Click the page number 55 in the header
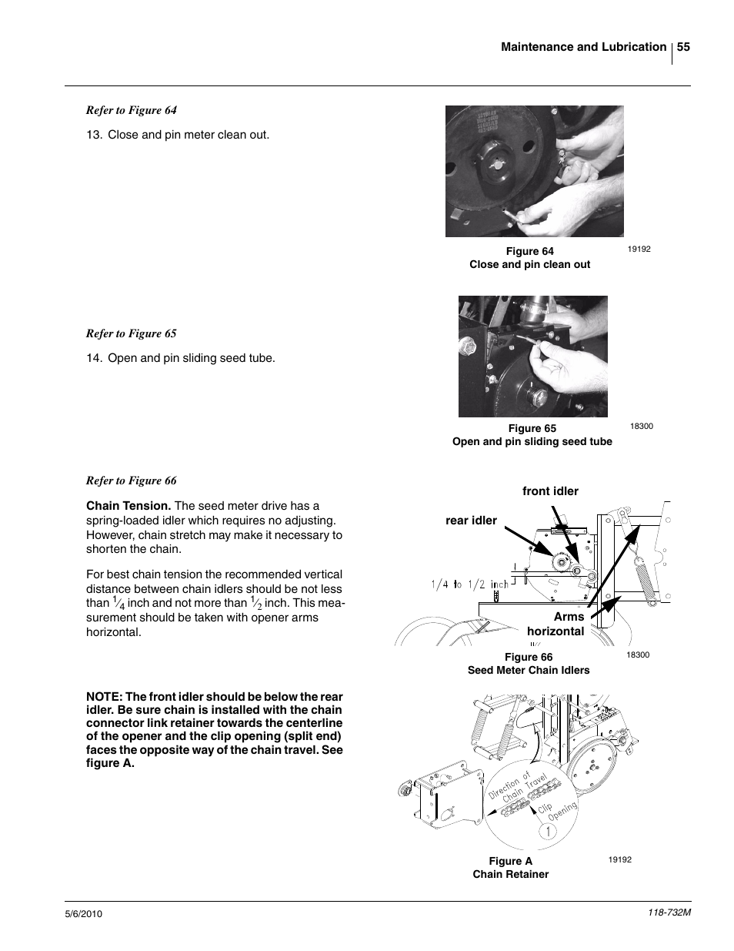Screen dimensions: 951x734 coord(683,47)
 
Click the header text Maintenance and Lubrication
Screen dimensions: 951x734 coord(583,47)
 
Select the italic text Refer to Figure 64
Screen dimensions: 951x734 coord(131,110)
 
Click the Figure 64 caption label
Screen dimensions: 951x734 coord(529,251)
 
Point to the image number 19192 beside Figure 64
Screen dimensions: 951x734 coord(639,249)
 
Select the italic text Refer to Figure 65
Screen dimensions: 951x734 coord(131,333)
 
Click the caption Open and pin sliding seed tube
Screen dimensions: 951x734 coord(532,441)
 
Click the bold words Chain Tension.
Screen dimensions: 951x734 coord(128,506)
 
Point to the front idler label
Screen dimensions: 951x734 coord(550,491)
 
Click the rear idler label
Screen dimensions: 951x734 coord(471,521)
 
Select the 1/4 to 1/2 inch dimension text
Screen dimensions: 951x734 coord(469,584)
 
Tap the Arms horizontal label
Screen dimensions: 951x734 coord(557,625)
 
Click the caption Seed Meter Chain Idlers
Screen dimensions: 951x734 coord(529,670)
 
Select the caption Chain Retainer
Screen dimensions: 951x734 coord(510,874)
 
